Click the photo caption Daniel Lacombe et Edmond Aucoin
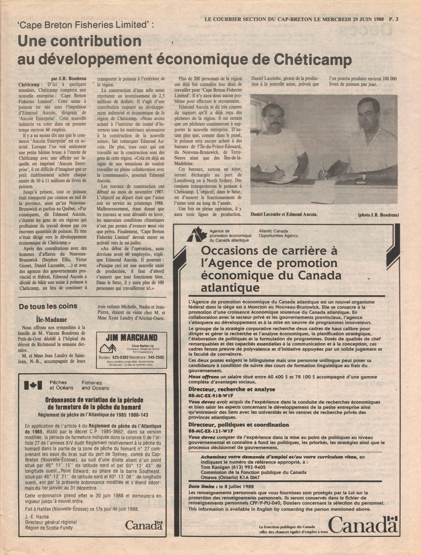[x=284, y=214]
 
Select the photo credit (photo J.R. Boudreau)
[x=378, y=215]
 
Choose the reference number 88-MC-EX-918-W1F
[x=211, y=395]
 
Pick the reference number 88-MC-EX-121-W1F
[x=211, y=431]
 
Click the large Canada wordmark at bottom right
[x=362, y=525]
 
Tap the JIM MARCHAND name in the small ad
[x=131, y=338]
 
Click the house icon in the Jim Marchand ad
[x=108, y=348]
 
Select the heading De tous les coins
[x=48, y=306]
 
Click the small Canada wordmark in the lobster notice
[x=144, y=525]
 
